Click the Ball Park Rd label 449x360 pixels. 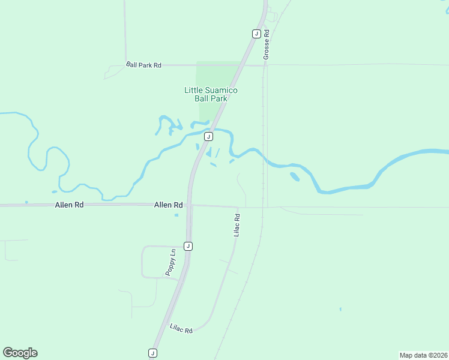click(x=144, y=65)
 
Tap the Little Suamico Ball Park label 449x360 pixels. click(x=211, y=94)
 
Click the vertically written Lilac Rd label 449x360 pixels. click(x=237, y=224)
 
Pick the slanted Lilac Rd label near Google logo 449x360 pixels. click(x=181, y=329)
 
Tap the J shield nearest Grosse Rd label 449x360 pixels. click(x=256, y=34)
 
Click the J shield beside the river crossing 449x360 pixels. click(x=208, y=137)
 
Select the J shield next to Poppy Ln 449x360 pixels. click(x=188, y=246)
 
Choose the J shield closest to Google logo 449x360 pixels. click(x=152, y=353)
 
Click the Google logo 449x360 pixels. click(x=20, y=353)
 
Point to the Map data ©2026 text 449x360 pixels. click(x=423, y=355)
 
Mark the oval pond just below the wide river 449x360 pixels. click(x=294, y=176)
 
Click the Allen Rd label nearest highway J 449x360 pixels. click(x=168, y=205)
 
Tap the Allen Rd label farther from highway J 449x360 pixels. click(x=69, y=205)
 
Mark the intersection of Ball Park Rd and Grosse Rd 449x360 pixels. click(x=265, y=65)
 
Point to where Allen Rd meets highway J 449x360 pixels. click(x=189, y=205)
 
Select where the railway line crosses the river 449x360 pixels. click(x=263, y=154)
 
